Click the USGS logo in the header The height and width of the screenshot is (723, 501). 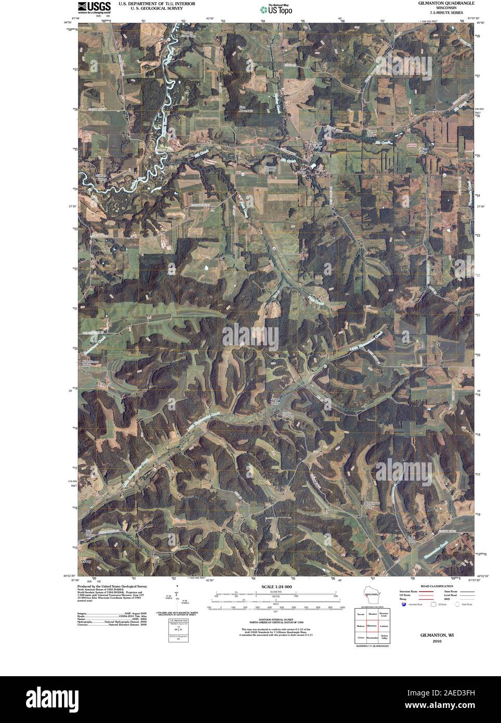(94, 7)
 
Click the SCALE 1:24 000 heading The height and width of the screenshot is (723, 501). (274, 586)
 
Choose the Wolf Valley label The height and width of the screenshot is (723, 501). (90, 533)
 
